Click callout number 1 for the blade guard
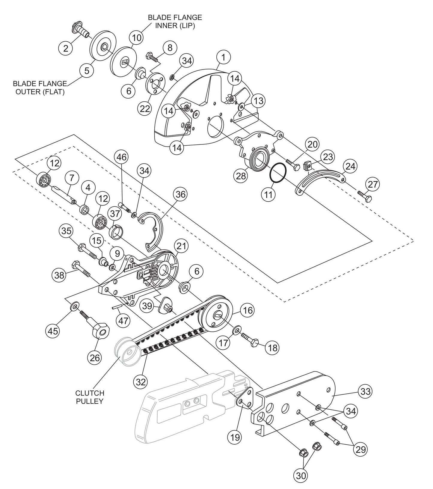click(224, 57)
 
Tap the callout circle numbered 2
click(66, 47)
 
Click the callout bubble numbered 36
click(180, 194)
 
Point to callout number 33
click(366, 391)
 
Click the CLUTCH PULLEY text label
click(90, 397)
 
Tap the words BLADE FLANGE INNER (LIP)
click(175, 22)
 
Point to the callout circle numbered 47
click(123, 320)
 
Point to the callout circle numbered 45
click(53, 331)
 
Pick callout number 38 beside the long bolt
click(59, 274)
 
